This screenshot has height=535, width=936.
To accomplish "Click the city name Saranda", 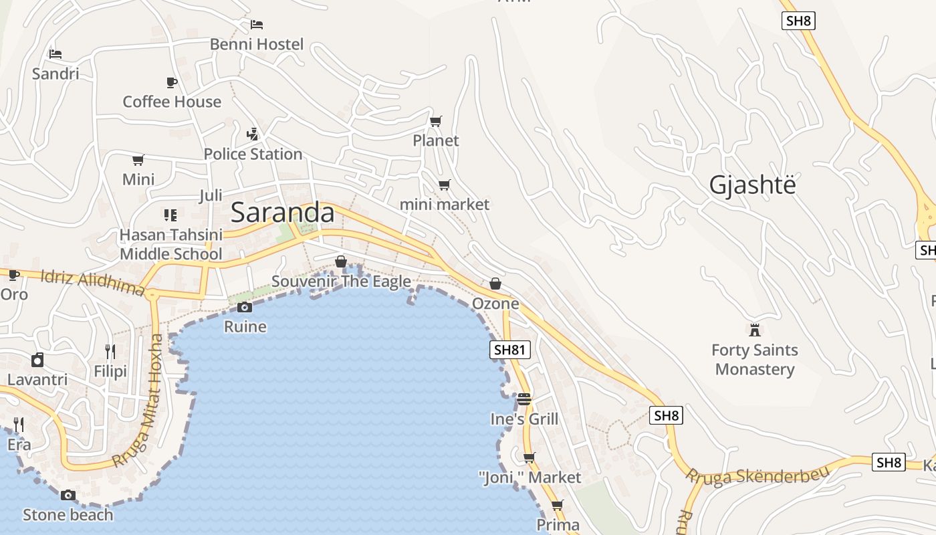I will point(282,213).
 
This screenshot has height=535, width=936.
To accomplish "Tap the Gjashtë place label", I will point(753,185).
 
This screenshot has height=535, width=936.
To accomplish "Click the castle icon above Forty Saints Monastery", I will point(755,330).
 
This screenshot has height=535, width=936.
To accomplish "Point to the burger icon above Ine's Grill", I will point(523,399).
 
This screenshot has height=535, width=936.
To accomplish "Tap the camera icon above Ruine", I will point(245,307).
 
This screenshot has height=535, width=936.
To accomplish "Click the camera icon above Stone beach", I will point(68,496).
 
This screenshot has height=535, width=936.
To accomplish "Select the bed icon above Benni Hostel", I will point(257,25).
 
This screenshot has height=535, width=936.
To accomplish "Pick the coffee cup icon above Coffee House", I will point(172,82).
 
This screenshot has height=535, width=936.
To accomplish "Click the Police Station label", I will point(253,154).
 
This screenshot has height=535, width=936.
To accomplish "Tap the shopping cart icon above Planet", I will point(436,121).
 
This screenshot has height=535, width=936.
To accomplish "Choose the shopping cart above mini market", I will point(444,185).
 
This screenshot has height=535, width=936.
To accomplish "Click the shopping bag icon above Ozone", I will point(495,284).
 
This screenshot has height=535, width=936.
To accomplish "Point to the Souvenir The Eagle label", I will point(341,282).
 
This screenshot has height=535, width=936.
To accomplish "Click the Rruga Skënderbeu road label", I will point(757,475).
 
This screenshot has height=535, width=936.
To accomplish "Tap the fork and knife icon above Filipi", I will point(110,351).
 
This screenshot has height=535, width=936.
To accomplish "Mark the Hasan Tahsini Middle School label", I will point(170,245).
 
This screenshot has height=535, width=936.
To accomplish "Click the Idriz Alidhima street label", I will point(92,282).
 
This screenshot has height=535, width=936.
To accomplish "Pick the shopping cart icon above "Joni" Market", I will point(529,457).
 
